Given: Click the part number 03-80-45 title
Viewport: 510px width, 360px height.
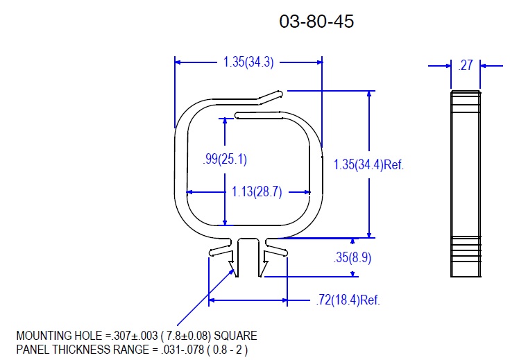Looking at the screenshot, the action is (x=316, y=22).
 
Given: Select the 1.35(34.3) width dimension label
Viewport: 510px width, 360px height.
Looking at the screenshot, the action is (x=248, y=62).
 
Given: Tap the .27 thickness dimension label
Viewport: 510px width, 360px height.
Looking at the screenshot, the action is (x=466, y=65).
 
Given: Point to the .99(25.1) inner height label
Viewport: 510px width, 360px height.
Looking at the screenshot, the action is (x=225, y=159).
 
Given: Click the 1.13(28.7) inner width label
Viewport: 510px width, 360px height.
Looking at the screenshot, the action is (x=257, y=191).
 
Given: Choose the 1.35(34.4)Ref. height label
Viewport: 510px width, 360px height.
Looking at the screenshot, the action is (x=368, y=164).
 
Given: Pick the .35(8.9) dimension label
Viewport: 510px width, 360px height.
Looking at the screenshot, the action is (x=352, y=257).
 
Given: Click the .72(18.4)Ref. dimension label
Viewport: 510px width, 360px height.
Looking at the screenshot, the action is (x=348, y=300).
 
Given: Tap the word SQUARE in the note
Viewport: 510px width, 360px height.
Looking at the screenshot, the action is (x=235, y=336).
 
